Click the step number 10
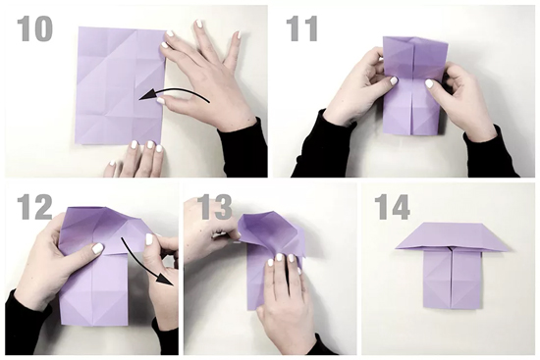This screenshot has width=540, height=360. (x=34, y=28)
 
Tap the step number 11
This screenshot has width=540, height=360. (x=301, y=28)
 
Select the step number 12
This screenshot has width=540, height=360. (x=34, y=207)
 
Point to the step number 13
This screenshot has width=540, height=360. (x=216, y=207)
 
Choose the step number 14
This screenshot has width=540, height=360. (x=393, y=207)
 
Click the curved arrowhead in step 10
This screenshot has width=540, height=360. (x=145, y=96)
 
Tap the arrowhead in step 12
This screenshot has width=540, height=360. (x=165, y=277)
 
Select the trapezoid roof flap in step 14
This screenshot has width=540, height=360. (x=453, y=236)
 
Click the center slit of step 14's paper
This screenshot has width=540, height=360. (x=452, y=278)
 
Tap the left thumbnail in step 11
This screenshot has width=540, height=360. (x=394, y=80)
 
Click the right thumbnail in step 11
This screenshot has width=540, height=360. (x=429, y=83)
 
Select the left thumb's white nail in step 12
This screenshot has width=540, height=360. (x=98, y=248)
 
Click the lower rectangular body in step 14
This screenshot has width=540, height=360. (x=452, y=279)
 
